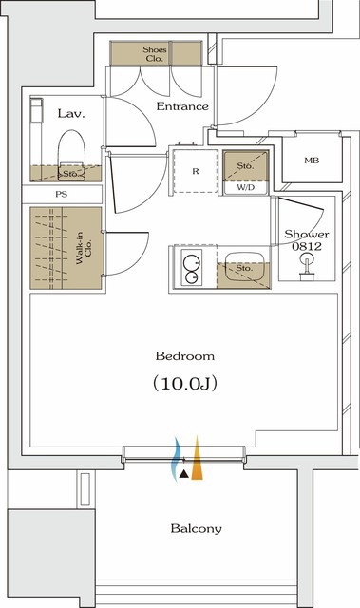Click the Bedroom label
coord(185,355)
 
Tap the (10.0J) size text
coord(184,383)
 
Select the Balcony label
coord(196,528)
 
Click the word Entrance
coord(182,106)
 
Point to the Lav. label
coord(71,113)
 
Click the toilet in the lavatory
coord(71,155)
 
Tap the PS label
coord(61,194)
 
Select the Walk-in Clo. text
coord(84,248)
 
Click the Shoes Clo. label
coord(155,54)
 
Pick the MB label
coord(312,161)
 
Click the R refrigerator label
coord(196,171)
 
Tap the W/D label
coord(246,188)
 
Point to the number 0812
coord(307,246)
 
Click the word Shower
coord(307,235)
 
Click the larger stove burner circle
coord(191,262)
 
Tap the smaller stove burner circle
coord(192,277)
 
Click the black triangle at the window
coord(184,474)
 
